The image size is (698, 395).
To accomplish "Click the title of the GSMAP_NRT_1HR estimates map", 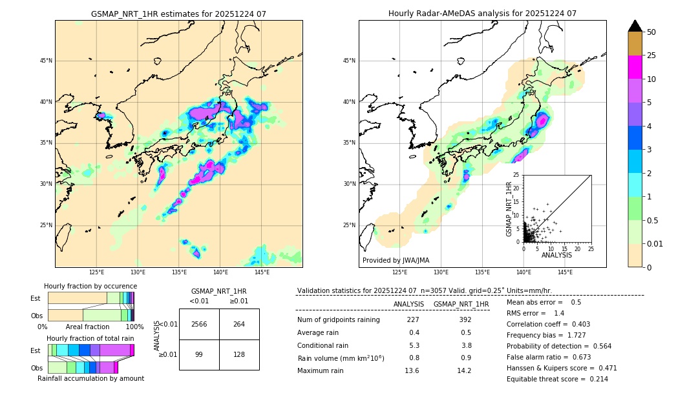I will (178, 14).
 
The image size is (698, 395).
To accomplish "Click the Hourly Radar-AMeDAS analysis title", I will (482, 14).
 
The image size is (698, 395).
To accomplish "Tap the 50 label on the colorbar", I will (651, 32).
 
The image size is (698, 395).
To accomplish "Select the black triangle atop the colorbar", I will (635, 26).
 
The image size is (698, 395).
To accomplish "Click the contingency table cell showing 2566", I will (199, 324).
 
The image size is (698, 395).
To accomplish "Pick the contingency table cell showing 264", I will (239, 324).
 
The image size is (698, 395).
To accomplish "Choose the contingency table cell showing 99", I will (199, 355).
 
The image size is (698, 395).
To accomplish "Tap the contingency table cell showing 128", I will (239, 355).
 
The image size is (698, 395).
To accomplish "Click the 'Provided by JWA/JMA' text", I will (396, 260).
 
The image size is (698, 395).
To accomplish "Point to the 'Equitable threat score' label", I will (548, 379).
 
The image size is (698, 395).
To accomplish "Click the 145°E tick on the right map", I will (565, 272).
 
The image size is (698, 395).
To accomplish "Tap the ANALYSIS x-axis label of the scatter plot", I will (556, 255).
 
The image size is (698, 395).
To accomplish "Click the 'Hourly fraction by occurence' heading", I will (90, 286).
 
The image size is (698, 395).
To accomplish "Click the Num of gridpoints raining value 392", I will (461, 319).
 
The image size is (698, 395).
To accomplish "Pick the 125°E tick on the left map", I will (97, 272).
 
